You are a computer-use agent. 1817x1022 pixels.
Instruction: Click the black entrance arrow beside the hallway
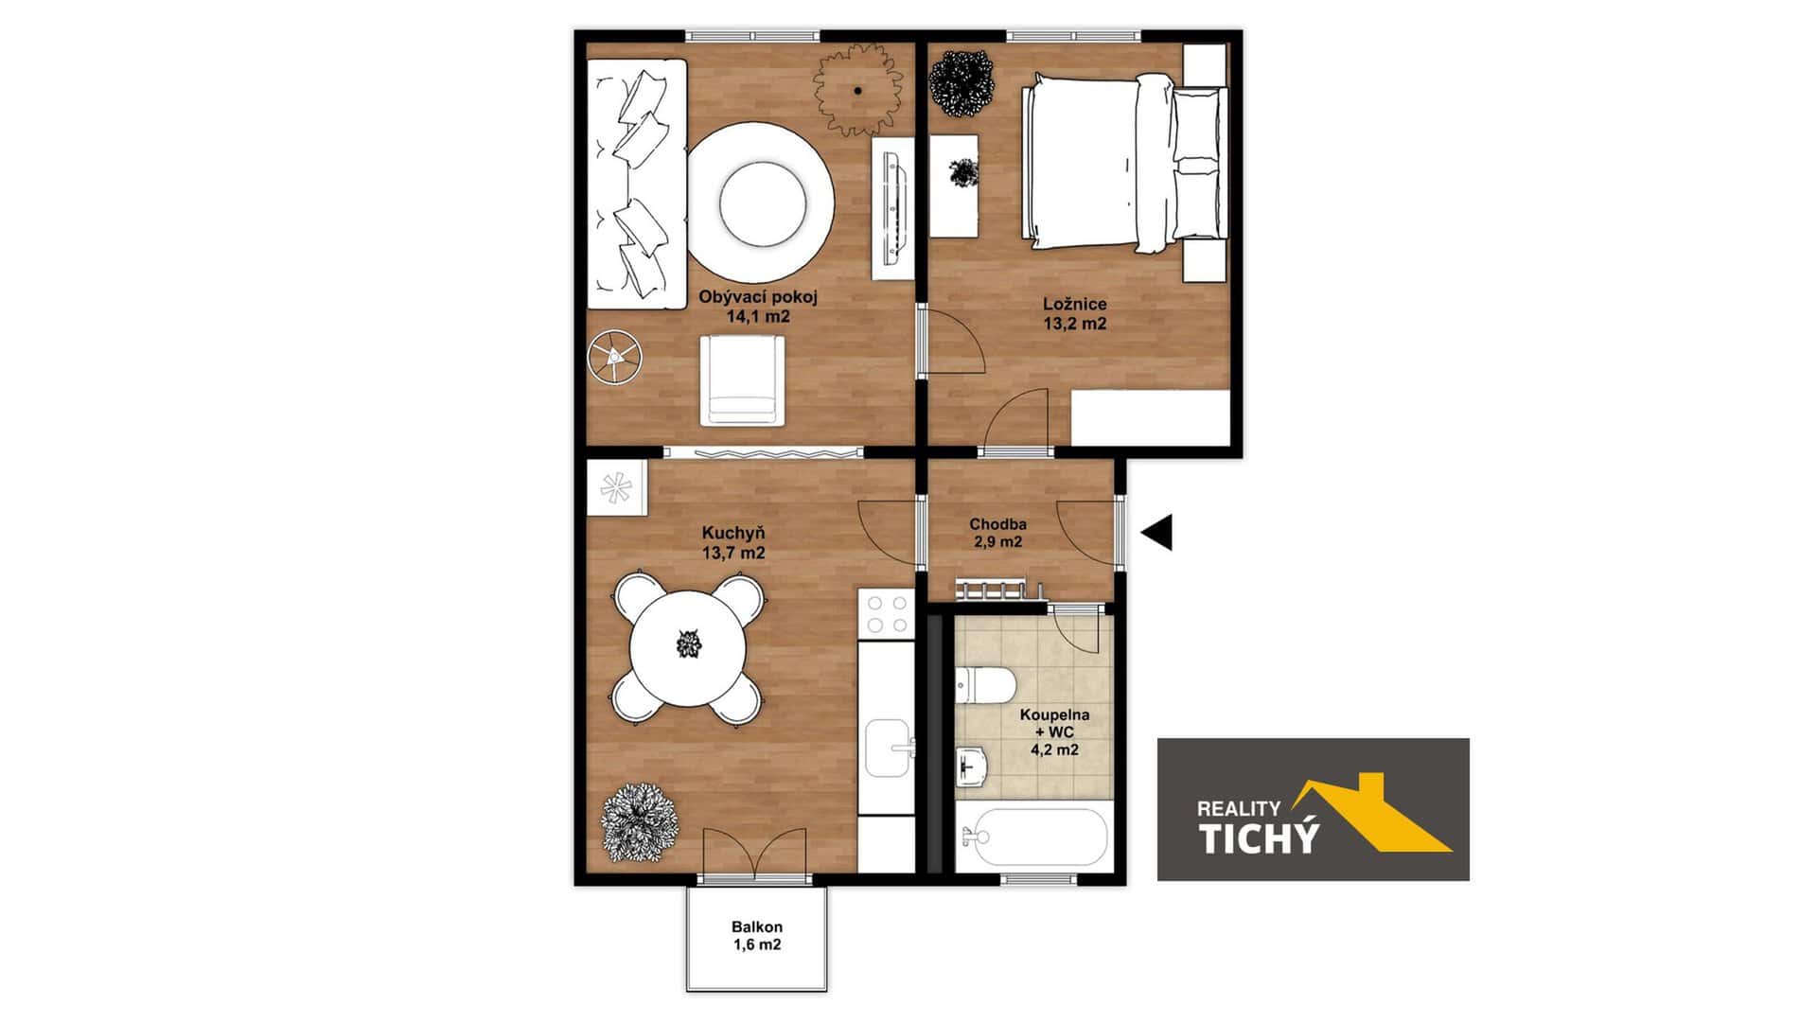(x=1158, y=533)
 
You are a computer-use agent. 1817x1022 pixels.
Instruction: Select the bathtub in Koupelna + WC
(x=1031, y=837)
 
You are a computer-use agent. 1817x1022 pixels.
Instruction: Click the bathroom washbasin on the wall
(x=971, y=765)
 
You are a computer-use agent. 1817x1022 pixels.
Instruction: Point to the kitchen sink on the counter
(x=887, y=748)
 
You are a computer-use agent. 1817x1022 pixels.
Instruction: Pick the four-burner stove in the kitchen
(x=886, y=613)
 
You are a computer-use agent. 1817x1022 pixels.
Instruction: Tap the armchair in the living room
(x=743, y=380)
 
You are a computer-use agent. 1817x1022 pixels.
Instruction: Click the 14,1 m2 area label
(x=757, y=317)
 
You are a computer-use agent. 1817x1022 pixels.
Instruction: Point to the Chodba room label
(x=997, y=524)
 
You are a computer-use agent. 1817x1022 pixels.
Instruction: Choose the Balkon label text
(x=756, y=927)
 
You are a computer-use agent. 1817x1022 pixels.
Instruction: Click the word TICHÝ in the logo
(x=1258, y=838)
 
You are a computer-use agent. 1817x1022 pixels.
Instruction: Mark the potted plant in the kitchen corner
(x=640, y=820)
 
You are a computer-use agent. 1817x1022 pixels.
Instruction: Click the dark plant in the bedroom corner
(x=962, y=81)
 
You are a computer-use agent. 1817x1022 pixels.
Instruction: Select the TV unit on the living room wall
(x=892, y=209)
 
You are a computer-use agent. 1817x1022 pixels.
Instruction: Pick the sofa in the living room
(x=636, y=184)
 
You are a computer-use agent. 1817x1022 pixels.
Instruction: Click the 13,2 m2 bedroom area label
(x=1075, y=324)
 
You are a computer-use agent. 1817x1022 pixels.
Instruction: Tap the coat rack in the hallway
(x=997, y=590)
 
